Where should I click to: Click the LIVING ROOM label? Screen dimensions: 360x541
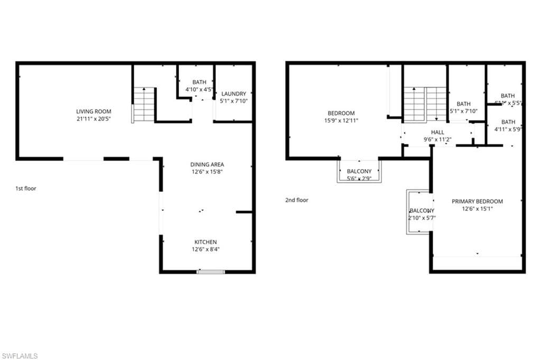click(x=92, y=112)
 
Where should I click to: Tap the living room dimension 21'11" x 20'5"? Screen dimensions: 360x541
click(x=92, y=119)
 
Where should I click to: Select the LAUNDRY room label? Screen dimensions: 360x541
click(x=233, y=94)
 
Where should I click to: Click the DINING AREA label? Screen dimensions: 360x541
click(x=207, y=164)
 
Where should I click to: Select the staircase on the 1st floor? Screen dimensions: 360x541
click(x=143, y=105)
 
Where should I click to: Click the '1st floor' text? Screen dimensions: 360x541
click(x=26, y=188)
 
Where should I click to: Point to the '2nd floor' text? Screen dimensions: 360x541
click(x=296, y=200)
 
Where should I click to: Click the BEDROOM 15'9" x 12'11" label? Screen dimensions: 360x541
click(x=341, y=113)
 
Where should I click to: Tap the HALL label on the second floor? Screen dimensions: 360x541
click(x=437, y=133)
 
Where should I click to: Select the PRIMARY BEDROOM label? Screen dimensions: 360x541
click(x=477, y=201)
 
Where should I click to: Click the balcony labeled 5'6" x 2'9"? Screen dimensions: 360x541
click(x=359, y=172)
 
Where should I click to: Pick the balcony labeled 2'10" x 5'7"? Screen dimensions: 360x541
click(x=421, y=211)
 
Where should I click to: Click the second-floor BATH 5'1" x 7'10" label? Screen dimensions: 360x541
click(x=463, y=104)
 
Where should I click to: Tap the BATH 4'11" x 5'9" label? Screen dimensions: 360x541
click(x=508, y=122)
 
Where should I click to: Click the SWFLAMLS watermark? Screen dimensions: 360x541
click(x=20, y=356)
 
